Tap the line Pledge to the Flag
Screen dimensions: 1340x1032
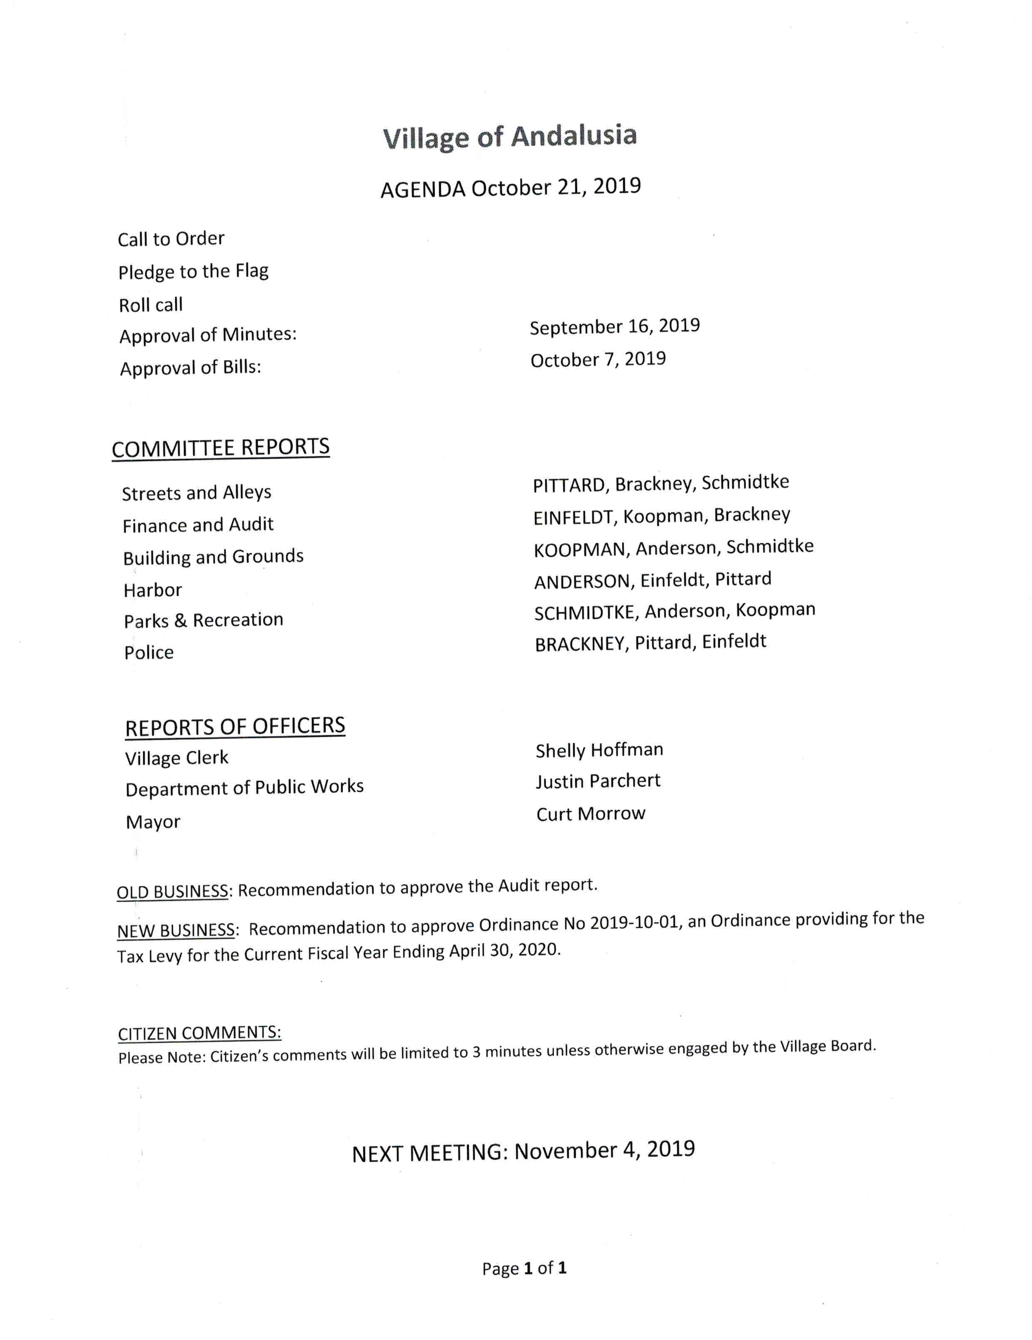pyautogui.click(x=193, y=271)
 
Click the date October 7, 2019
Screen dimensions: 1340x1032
pyautogui.click(x=598, y=360)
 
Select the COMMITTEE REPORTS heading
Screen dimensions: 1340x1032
pyautogui.click(x=220, y=448)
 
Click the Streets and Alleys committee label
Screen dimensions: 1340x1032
pyautogui.click(x=196, y=493)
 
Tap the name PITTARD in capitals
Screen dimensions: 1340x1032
pyautogui.click(x=570, y=485)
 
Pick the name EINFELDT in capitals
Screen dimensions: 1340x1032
pyautogui.click(x=574, y=518)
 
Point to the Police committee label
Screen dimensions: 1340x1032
pyautogui.click(x=149, y=652)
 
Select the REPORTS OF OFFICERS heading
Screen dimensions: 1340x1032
pyautogui.click(x=235, y=726)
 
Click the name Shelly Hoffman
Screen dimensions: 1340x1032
pyautogui.click(x=599, y=750)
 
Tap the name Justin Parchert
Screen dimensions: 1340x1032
pyautogui.click(x=598, y=781)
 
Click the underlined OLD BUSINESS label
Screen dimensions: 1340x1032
pyautogui.click(x=172, y=891)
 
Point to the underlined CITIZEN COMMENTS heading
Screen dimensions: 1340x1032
pyautogui.click(x=199, y=1033)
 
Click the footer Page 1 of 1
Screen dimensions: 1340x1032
pyautogui.click(x=524, y=1268)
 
